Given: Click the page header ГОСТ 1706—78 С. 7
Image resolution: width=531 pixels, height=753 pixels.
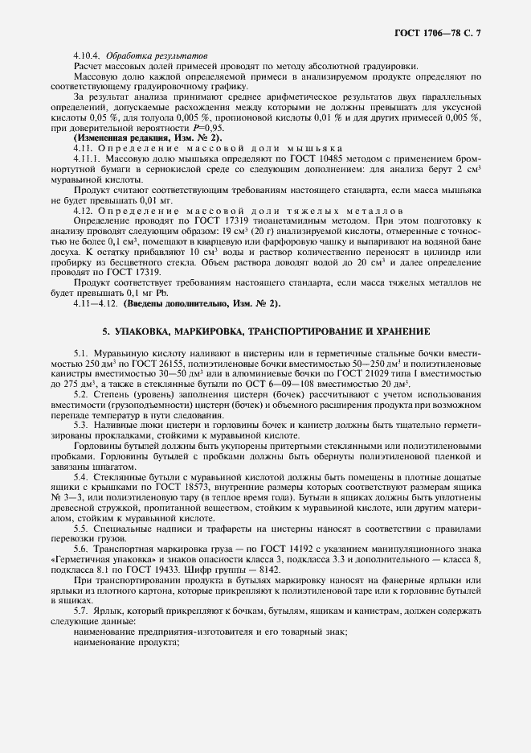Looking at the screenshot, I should [442, 31].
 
